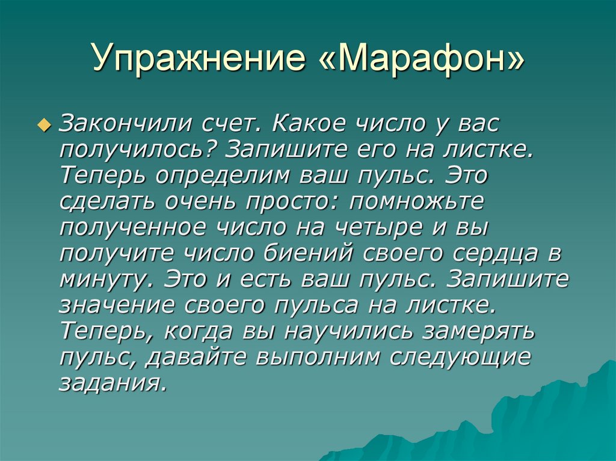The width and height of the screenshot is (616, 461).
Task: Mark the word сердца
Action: (x=495, y=254)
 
